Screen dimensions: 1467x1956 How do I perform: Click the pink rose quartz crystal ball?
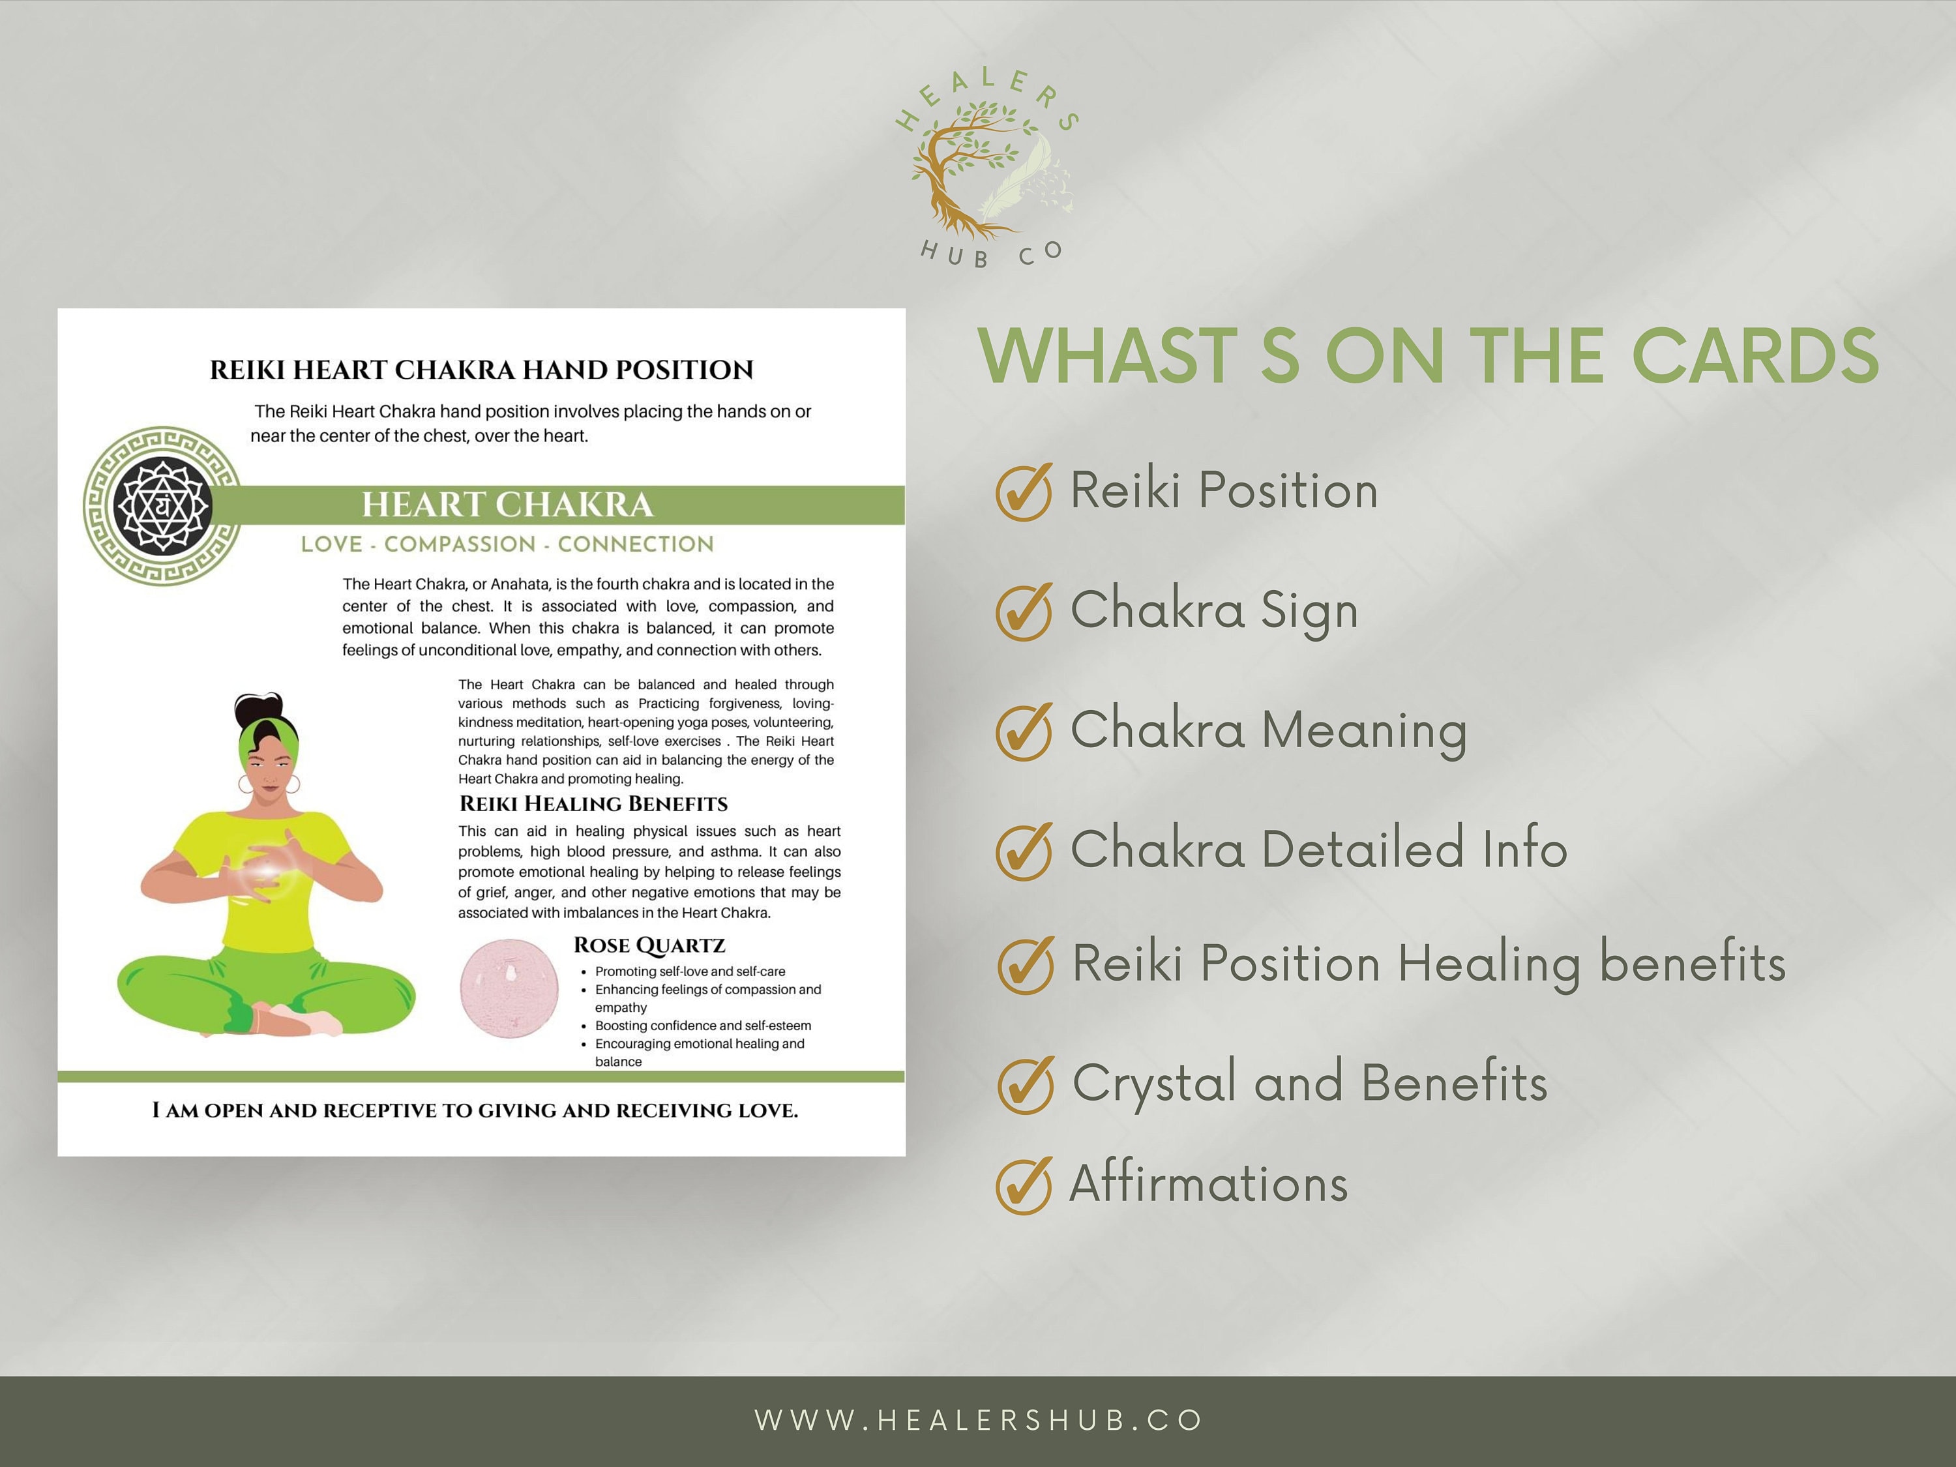pos(509,988)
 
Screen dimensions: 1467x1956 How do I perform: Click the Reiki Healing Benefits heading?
pos(593,804)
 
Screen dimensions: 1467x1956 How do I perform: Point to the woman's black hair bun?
pos(259,707)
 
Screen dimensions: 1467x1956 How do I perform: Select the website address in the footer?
pos(978,1420)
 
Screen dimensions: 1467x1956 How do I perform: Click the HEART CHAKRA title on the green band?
pos(507,505)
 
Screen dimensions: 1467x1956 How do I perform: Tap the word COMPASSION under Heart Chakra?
pos(460,544)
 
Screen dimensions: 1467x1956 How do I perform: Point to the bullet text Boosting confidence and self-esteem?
pos(703,1026)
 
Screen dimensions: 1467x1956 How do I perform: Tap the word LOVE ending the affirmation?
pos(767,1110)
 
